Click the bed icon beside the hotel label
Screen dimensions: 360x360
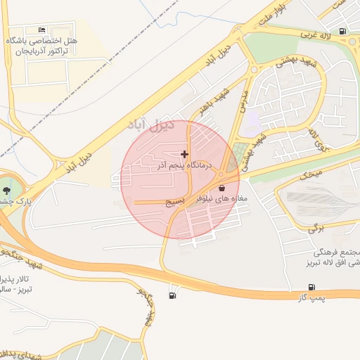point(42,30)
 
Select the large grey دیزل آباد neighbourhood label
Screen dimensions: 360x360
point(150,125)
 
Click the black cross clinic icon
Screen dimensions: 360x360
point(184,153)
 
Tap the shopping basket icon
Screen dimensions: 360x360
point(222,188)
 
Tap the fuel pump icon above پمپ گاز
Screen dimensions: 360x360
point(311,287)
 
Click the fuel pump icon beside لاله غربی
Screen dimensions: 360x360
point(342,31)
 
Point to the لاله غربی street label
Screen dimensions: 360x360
point(316,33)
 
